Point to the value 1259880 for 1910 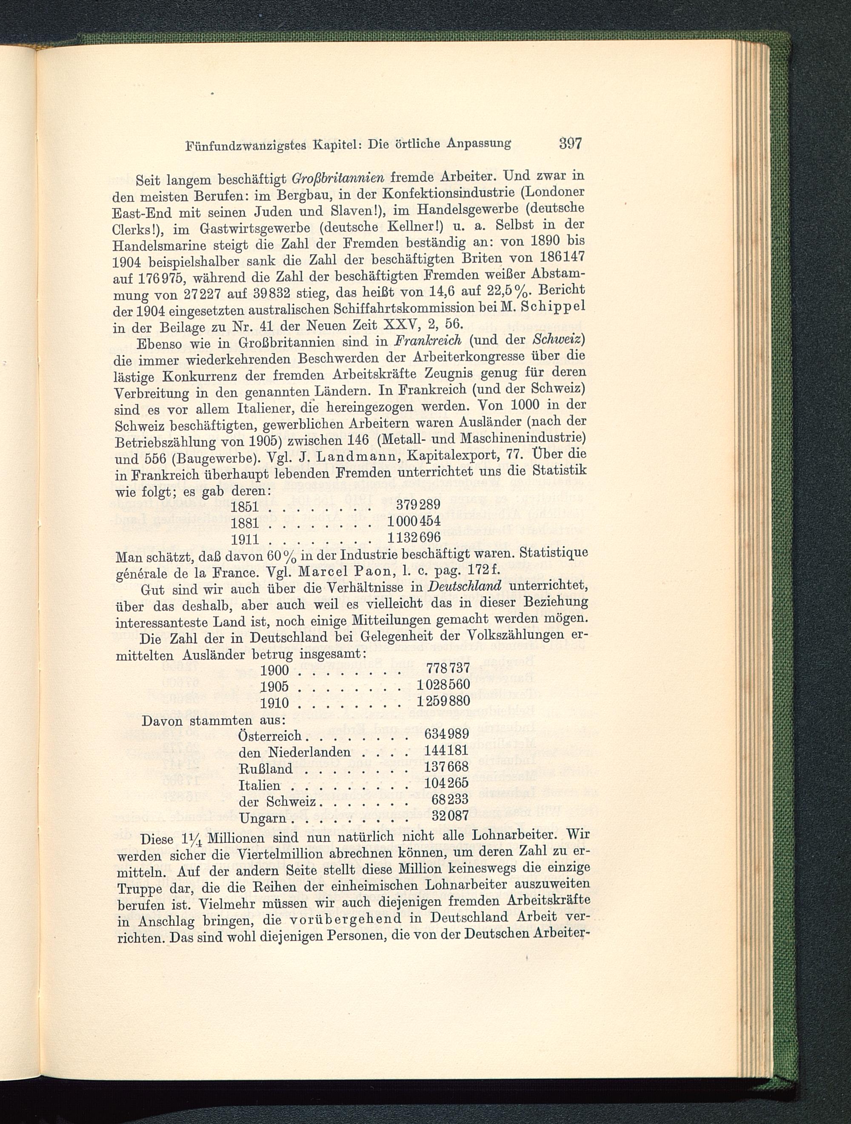click(x=443, y=702)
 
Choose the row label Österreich click(x=270, y=735)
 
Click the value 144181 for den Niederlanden click(x=446, y=752)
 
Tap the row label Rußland click(x=266, y=769)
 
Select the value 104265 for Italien click(x=446, y=784)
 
